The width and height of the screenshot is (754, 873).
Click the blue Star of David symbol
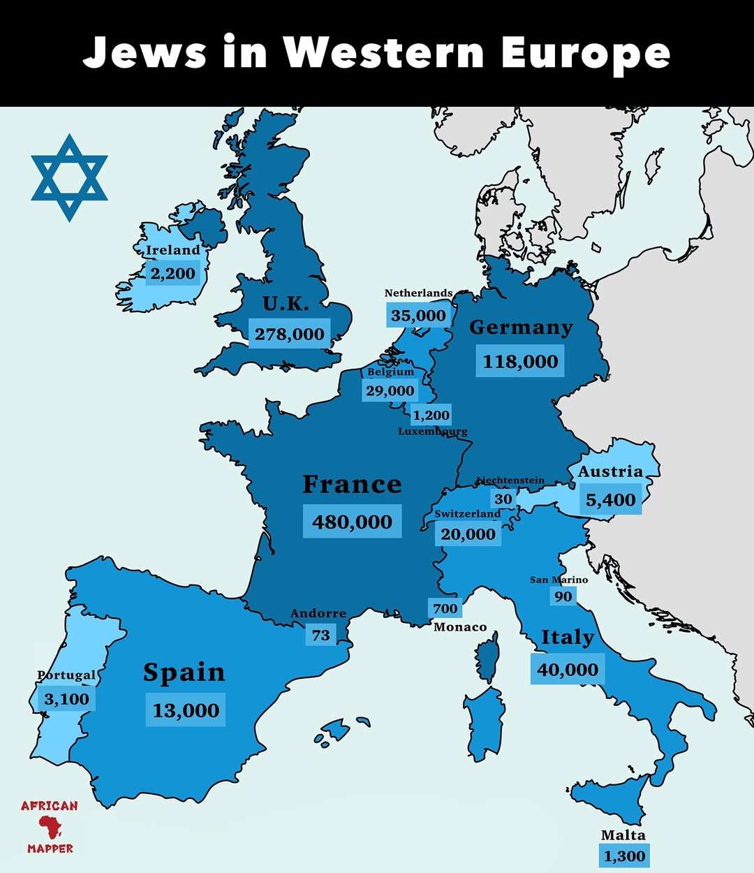69,177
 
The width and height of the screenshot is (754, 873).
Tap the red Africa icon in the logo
50,827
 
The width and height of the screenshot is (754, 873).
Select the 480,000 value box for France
352,522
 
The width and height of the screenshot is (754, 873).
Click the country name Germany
521,327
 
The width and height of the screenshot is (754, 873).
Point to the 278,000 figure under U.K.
289,334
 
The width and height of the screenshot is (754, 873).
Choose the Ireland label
172,250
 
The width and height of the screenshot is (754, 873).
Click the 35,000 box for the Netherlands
417,316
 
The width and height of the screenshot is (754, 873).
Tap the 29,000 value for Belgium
390,390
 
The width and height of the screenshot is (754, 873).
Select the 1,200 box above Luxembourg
431,415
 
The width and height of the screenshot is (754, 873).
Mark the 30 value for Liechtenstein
503,499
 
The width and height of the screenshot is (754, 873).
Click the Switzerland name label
467,513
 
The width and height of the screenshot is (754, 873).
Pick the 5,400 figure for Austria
610,500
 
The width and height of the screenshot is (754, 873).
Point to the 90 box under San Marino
563,596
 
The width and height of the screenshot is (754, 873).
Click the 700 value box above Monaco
445,608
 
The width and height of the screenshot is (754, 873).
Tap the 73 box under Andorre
320,635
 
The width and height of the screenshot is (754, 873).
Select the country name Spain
184,672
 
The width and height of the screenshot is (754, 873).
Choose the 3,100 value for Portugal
66,699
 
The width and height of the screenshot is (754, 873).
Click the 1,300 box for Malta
624,856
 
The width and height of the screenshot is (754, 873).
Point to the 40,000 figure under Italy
567,670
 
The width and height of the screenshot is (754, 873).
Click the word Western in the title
384,52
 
